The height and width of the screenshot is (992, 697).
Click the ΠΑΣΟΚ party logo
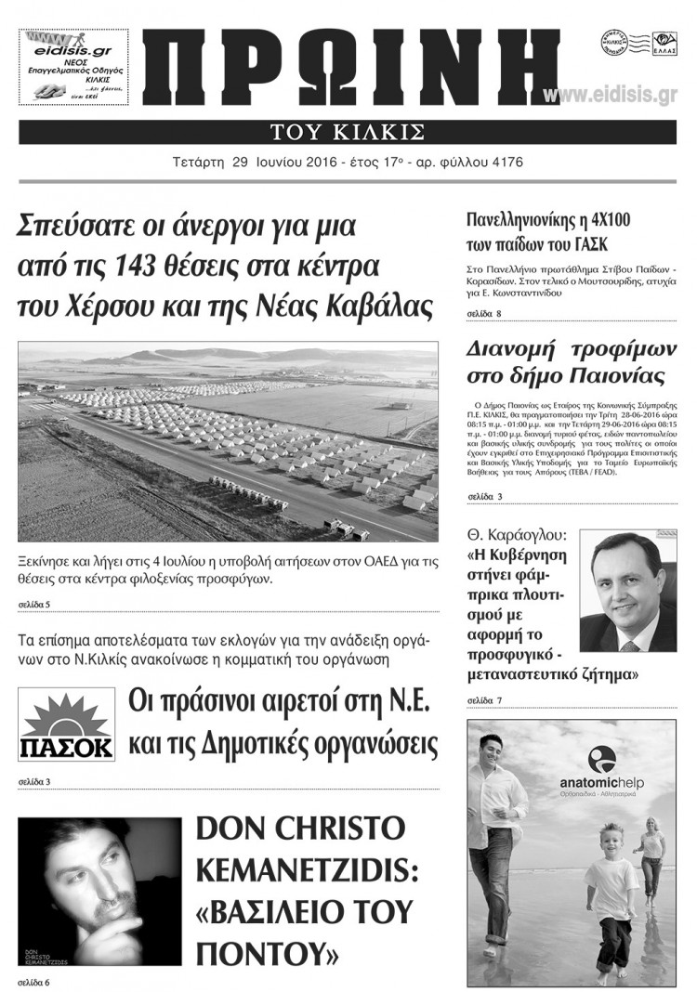pos(67,726)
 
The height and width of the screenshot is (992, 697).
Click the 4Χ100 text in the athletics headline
pos(613,220)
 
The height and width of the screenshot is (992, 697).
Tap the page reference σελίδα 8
pos(484,315)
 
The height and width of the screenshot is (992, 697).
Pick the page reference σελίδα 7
pos(484,698)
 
